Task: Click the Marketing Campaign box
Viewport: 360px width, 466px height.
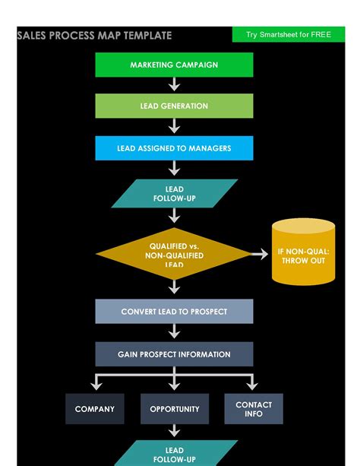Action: [174, 65]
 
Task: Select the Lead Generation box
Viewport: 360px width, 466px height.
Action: [174, 106]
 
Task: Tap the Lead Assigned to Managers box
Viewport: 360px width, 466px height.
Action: [174, 148]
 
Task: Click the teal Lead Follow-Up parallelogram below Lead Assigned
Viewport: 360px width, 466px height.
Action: [174, 194]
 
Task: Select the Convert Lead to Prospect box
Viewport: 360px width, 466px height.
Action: [174, 312]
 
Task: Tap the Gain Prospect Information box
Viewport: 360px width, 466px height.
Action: [174, 354]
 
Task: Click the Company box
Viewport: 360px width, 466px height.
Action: [94, 409]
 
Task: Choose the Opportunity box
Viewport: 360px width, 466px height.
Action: [174, 409]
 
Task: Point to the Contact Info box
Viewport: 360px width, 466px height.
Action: [254, 409]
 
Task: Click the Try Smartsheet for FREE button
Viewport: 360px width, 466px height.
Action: [288, 35]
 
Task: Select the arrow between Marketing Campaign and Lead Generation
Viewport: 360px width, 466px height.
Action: [174, 85]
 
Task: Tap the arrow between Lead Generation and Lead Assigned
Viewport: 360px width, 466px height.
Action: [174, 127]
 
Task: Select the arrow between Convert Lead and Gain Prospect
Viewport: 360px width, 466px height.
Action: [174, 332]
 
